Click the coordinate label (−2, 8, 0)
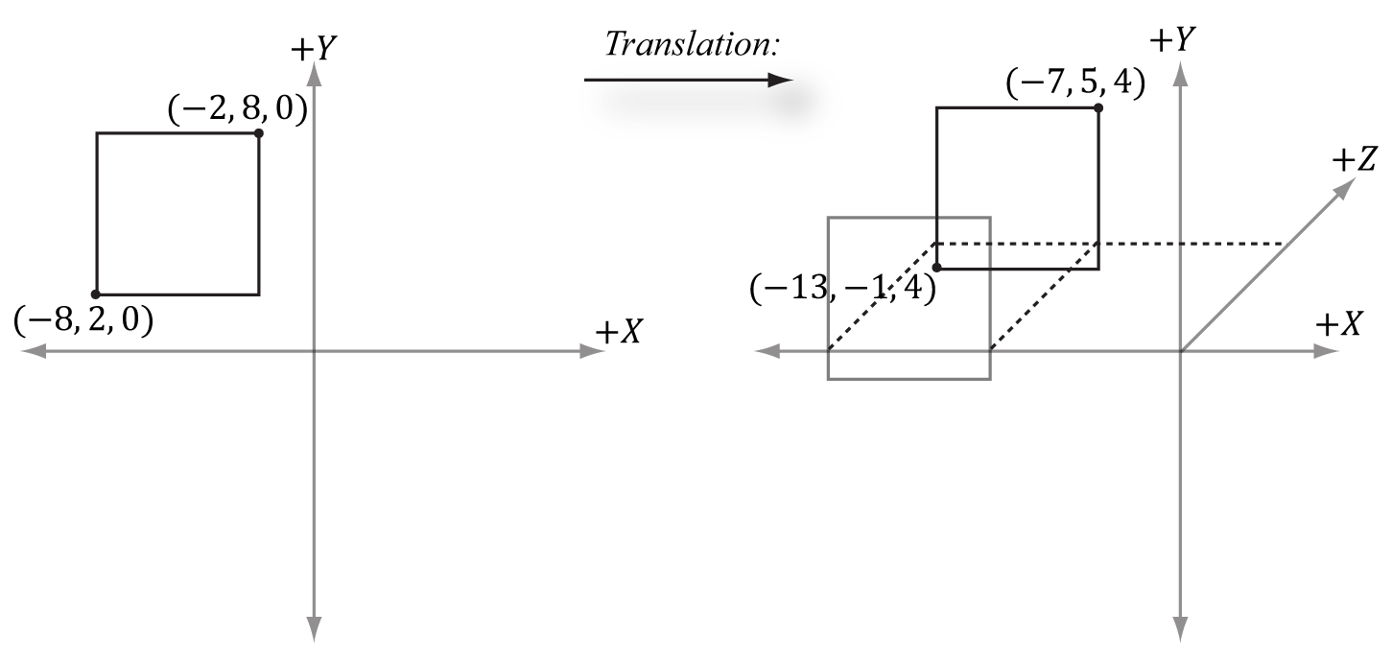(x=237, y=111)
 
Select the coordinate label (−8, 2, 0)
(x=84, y=319)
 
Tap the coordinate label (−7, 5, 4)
(x=1074, y=85)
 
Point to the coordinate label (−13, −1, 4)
(x=842, y=289)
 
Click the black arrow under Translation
(x=686, y=81)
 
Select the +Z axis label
(x=1353, y=161)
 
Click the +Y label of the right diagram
(x=1174, y=39)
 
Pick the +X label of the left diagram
(x=619, y=331)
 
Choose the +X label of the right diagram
(x=1339, y=325)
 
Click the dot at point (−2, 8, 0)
(x=259, y=132)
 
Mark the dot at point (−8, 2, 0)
(x=96, y=294)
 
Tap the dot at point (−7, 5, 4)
(x=1098, y=107)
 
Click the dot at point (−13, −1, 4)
(x=936, y=268)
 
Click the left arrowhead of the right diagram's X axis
(x=766, y=352)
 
